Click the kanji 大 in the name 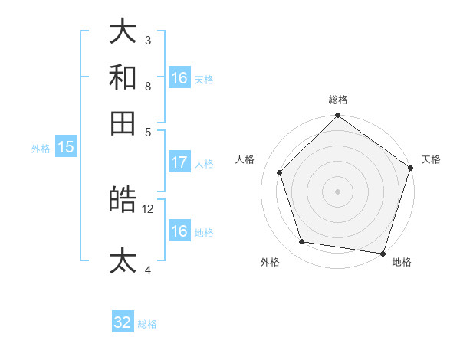click(123, 31)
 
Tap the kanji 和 click(123, 77)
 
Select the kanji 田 click(123, 123)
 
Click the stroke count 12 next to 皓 click(148, 208)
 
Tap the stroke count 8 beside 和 click(148, 86)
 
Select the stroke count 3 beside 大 click(148, 40)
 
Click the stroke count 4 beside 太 click(148, 270)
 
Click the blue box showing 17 click(179, 162)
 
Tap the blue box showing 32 click(123, 322)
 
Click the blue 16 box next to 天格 click(179, 78)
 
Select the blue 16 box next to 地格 click(179, 231)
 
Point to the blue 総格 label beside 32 click(147, 324)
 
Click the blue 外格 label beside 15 click(41, 149)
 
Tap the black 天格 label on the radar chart click(431, 159)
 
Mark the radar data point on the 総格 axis click(337, 116)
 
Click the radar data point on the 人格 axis click(280, 172)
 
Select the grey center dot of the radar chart click(337, 191)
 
